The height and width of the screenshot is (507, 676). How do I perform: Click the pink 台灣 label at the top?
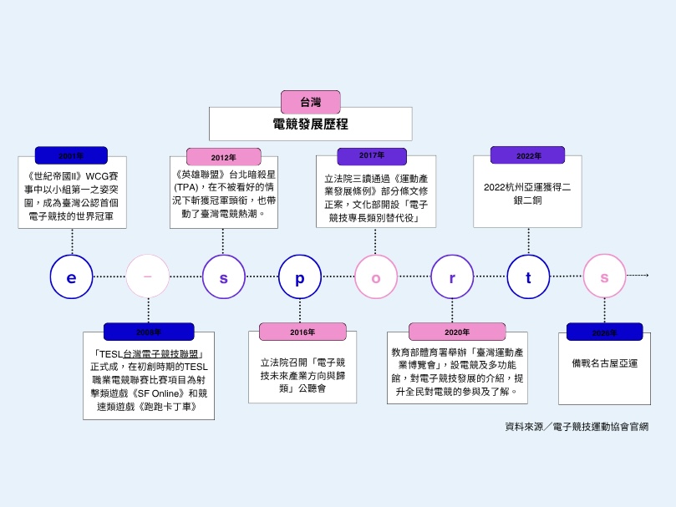point(310,102)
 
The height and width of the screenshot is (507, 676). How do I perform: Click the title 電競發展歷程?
point(310,124)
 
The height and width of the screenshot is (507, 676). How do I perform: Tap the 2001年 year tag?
point(71,155)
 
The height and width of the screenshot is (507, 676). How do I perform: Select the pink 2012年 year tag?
point(223,157)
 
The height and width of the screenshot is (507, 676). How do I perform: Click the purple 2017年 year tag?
point(372,155)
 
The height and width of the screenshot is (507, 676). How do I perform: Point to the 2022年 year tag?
point(527,155)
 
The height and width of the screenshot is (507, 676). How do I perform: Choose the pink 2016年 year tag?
point(302,332)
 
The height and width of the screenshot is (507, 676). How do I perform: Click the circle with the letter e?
point(71,276)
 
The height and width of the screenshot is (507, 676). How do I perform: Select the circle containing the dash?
point(148,276)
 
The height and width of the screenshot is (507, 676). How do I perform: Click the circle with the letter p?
point(300,276)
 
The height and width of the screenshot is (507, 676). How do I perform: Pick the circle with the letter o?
point(376,276)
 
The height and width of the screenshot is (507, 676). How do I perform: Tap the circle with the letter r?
point(452,276)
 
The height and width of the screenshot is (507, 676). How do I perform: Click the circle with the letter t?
point(528,276)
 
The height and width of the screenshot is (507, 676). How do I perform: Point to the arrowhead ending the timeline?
point(646,275)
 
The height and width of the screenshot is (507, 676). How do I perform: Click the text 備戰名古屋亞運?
point(605,363)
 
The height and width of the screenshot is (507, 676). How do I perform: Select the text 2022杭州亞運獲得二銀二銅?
point(527,194)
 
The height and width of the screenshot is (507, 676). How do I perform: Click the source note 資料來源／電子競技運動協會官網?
point(577,427)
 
